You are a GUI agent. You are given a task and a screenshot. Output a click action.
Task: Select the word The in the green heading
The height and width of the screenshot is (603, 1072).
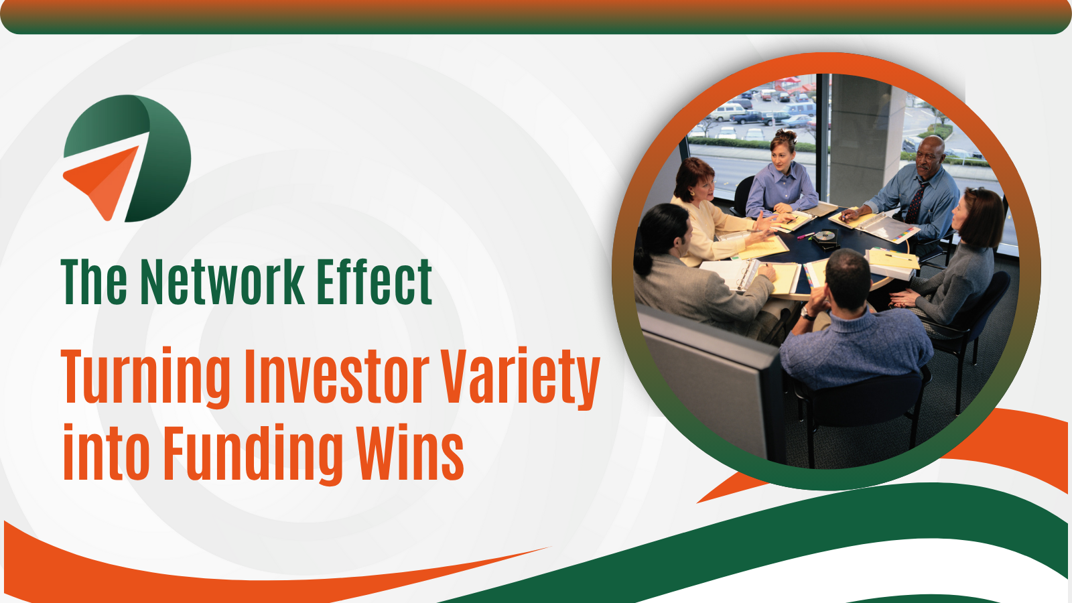94,283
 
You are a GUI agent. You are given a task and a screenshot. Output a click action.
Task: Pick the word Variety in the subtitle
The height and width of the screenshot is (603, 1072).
520,377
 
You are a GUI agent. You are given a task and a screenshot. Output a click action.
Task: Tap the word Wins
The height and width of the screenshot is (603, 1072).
409,453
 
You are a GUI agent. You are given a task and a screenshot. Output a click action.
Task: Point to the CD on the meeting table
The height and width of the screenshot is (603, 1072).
825,235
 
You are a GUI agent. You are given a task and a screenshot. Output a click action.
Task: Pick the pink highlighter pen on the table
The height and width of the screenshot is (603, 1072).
805,235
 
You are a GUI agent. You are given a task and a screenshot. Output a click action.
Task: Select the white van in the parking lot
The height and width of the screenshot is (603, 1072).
729,112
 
